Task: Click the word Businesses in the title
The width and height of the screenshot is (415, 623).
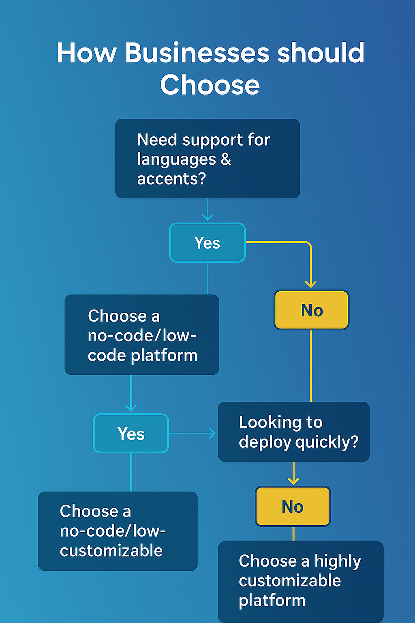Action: pyautogui.click(x=197, y=53)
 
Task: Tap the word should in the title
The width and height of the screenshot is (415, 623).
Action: pyautogui.click(x=321, y=53)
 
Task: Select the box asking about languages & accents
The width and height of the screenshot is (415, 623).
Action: pyautogui.click(x=207, y=159)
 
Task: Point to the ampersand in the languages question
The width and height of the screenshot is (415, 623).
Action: pyautogui.click(x=226, y=159)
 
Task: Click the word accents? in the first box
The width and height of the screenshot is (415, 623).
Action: pyautogui.click(x=171, y=178)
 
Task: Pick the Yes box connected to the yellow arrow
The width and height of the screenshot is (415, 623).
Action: pyautogui.click(x=207, y=243)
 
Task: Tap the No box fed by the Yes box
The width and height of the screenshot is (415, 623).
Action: pyautogui.click(x=311, y=310)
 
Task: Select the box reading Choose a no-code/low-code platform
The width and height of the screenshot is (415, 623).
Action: pyautogui.click(x=142, y=335)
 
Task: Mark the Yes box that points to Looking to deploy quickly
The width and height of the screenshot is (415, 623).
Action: pyautogui.click(x=131, y=434)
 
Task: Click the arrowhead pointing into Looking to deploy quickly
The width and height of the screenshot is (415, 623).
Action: pyautogui.click(x=212, y=433)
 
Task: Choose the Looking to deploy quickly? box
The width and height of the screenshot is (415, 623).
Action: pyautogui.click(x=294, y=432)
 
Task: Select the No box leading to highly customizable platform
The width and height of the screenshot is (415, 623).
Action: pyautogui.click(x=293, y=507)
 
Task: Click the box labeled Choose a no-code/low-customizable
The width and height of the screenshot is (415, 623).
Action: pyautogui.click(x=118, y=531)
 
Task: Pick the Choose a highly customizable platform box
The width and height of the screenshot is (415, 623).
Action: pyautogui.click(x=301, y=581)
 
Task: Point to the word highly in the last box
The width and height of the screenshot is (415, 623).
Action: pyautogui.click(x=337, y=561)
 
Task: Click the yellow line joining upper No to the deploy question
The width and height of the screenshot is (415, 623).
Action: pyautogui.click(x=311, y=365)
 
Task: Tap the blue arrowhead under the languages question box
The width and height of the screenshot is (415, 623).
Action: pyautogui.click(x=207, y=217)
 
